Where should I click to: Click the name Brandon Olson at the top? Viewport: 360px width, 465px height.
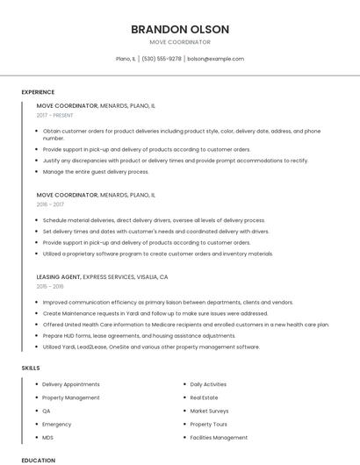pyautogui.click(x=180, y=29)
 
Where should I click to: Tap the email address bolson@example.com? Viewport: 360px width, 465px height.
pyautogui.click(x=215, y=59)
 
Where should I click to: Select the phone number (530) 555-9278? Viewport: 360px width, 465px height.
pyautogui.click(x=162, y=59)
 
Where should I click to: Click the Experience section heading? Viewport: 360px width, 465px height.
pyautogui.click(x=38, y=92)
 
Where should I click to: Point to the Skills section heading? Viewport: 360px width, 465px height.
pyautogui.click(x=31, y=368)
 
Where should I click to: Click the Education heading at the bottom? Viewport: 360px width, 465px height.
pyautogui.click(x=38, y=460)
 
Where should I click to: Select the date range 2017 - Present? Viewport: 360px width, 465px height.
pyautogui.click(x=56, y=115)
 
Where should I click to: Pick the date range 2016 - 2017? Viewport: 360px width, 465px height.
pyautogui.click(x=50, y=204)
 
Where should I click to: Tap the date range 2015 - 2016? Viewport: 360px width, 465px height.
pyautogui.click(x=50, y=286)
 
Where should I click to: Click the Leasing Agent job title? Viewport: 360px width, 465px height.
pyautogui.click(x=59, y=276)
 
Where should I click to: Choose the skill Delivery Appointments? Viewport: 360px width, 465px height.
pyautogui.click(x=71, y=384)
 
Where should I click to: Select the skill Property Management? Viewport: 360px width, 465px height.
pyautogui.click(x=71, y=397)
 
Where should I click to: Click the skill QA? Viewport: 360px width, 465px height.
pyautogui.click(x=47, y=411)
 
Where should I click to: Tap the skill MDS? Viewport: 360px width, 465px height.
pyautogui.click(x=48, y=437)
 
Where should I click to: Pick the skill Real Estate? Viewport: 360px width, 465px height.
pyautogui.click(x=204, y=397)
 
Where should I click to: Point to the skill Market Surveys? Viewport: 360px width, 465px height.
pyautogui.click(x=209, y=411)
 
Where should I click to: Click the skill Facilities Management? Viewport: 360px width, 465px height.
pyautogui.click(x=219, y=437)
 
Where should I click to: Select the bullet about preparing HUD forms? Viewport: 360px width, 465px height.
pyautogui.click(x=126, y=335)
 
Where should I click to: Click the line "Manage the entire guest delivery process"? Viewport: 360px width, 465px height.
pyautogui.click(x=96, y=172)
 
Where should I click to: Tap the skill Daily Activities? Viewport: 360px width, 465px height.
pyautogui.click(x=208, y=384)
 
